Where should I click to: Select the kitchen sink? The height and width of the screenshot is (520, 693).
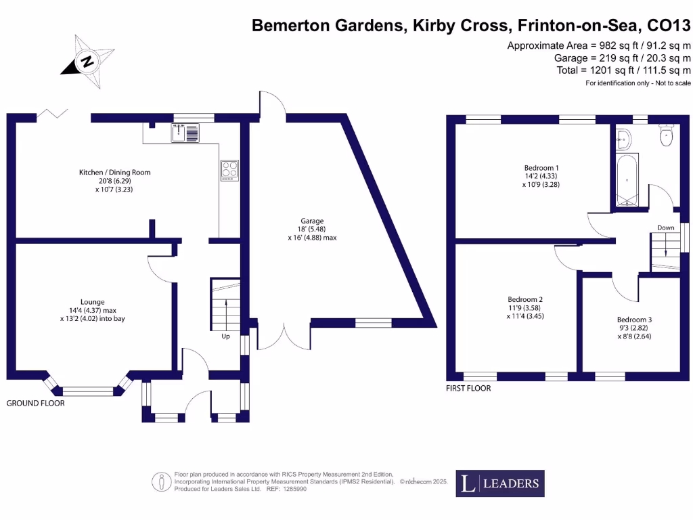pos(185,134)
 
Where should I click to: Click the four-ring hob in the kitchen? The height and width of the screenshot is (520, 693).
pos(229,170)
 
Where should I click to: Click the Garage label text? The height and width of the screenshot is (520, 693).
pos(312,229)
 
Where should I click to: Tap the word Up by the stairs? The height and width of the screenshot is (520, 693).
pos(225,336)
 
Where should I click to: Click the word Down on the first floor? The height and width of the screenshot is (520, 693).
pos(666,227)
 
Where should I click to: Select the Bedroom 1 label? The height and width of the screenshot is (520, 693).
pos(541,176)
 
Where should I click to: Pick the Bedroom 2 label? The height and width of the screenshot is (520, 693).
pos(525,307)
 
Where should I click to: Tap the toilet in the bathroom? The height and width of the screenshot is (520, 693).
pos(667,137)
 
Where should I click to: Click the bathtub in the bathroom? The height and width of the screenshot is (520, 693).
pos(627,181)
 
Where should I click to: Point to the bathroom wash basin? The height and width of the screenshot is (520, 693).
pos(623,139)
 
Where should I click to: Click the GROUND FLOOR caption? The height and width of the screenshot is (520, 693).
pos(35,403)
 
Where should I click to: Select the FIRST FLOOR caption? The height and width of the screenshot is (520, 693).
pos(468,389)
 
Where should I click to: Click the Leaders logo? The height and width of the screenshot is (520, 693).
pos(500,483)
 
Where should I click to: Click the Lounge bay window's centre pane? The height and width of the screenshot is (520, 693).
pos(89,391)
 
